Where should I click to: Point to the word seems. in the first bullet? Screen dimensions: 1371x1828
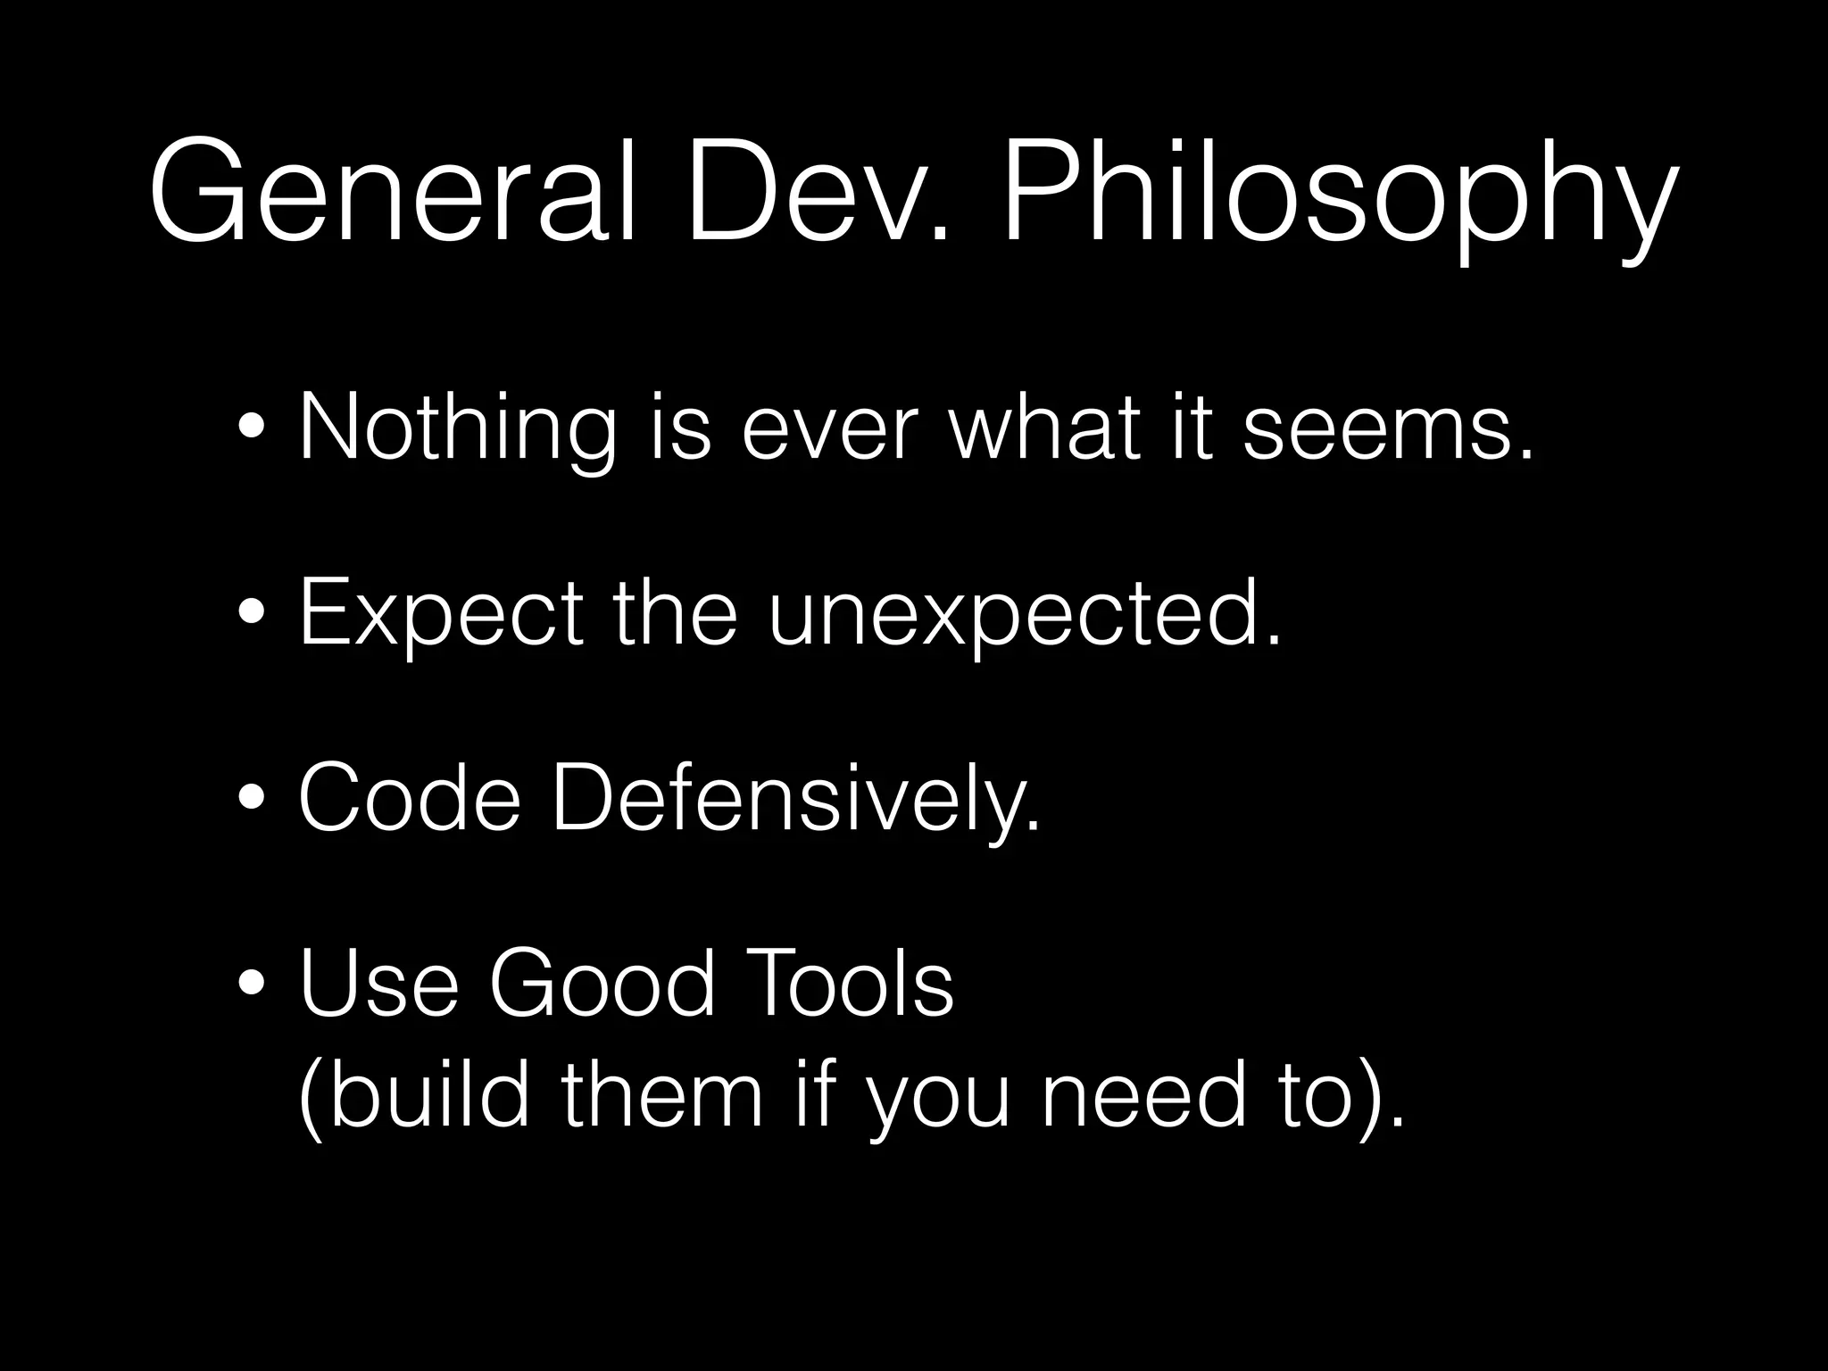click(1388, 430)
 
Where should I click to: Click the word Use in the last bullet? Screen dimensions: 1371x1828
click(378, 984)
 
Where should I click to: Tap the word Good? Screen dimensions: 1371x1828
click(602, 984)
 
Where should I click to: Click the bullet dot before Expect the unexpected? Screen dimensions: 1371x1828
click(251, 614)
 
